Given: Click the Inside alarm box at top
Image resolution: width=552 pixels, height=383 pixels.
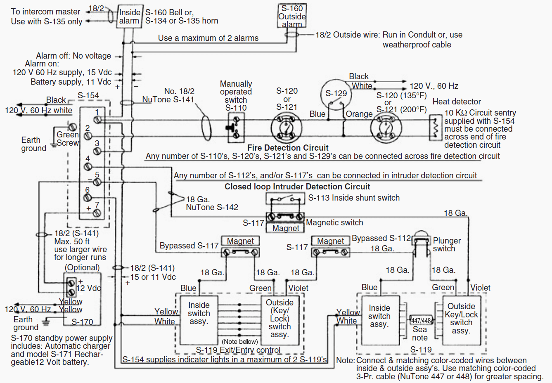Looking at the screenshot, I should click(130, 17).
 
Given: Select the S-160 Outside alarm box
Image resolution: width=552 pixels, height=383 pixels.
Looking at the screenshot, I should click(292, 16).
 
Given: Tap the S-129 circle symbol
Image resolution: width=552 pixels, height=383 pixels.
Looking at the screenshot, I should click(336, 94).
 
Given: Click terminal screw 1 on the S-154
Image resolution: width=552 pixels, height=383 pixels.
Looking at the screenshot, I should click(98, 120).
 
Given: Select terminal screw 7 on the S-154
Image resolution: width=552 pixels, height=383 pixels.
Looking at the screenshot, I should click(97, 213).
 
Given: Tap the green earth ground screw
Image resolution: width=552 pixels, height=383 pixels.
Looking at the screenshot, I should click(72, 127).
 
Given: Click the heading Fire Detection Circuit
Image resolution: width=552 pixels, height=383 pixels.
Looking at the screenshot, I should click(288, 148).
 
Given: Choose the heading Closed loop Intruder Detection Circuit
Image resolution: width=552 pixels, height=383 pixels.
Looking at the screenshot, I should click(297, 187).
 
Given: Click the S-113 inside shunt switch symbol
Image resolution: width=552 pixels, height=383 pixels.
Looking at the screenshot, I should click(285, 199).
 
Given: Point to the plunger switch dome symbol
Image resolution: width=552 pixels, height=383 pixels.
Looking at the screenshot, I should click(421, 235).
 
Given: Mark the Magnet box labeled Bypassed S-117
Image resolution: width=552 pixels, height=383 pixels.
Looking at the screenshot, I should click(240, 241).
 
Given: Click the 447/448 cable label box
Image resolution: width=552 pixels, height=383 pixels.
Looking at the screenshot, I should click(421, 320).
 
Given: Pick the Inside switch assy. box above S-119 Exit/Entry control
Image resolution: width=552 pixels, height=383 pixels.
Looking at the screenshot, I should click(199, 319).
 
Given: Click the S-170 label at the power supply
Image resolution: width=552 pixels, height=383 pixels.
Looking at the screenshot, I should click(82, 322).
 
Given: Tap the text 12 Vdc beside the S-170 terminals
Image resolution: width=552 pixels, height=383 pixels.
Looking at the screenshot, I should click(89, 288).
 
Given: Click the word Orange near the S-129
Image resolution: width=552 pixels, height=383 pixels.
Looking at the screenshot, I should click(359, 114).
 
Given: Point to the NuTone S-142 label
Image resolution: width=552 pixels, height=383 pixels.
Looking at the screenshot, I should click(212, 207).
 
